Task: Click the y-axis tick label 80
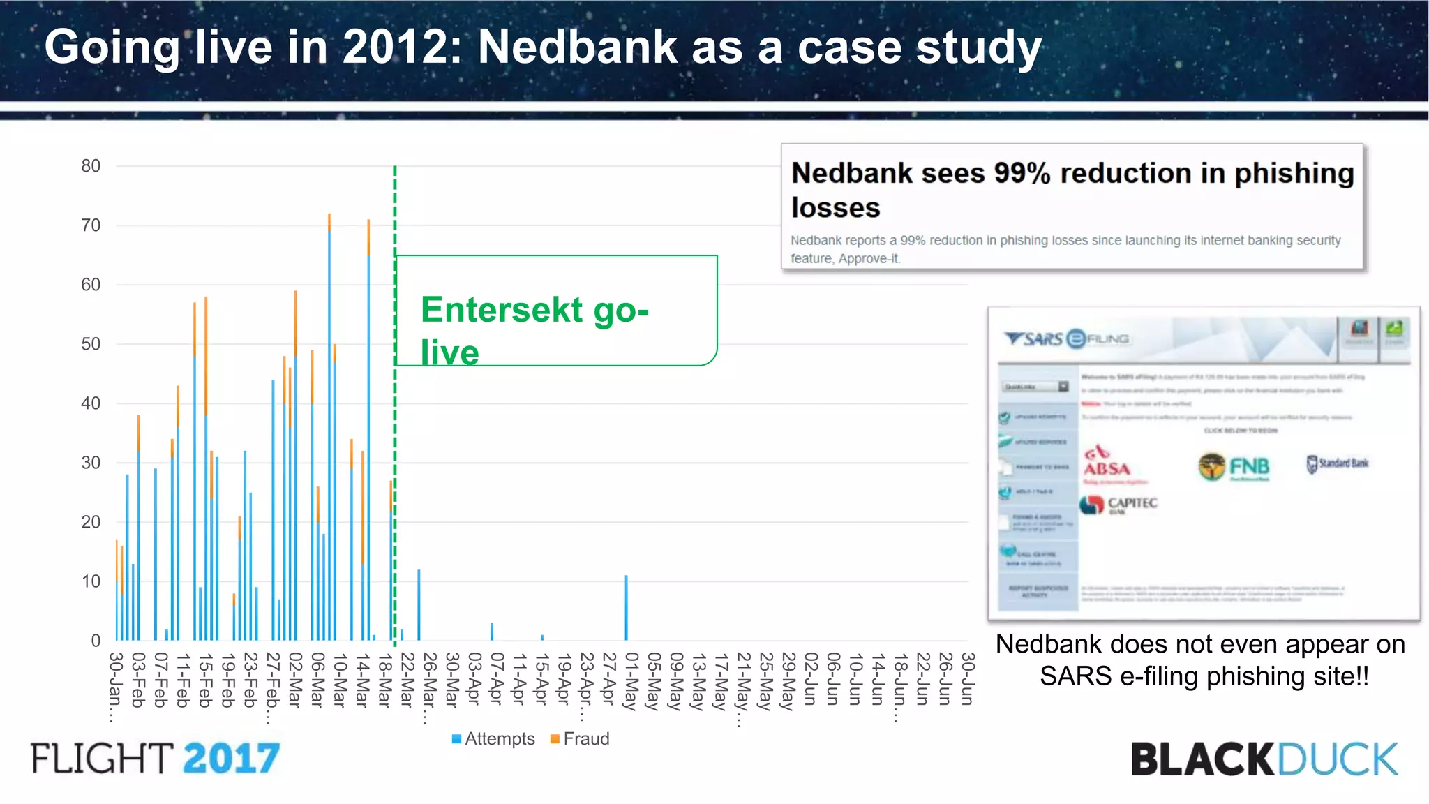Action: pos(91,166)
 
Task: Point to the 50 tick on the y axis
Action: pos(91,344)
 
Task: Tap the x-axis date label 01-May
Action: pos(631,680)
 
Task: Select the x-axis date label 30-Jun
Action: pos(967,678)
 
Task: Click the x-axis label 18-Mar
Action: pos(384,680)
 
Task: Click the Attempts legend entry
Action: pos(493,738)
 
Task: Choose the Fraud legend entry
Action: pos(580,738)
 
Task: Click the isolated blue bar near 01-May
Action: pos(626,607)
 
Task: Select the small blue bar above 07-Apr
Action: pos(491,631)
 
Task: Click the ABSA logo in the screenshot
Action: pos(1107,463)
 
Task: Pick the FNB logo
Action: pos(1234,466)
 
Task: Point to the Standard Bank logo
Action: pos(1337,463)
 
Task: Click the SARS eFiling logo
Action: pos(1066,339)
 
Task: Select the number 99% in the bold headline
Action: pos(1022,173)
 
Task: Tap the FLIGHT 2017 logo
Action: pos(155,759)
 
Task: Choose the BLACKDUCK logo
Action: pos(1264,759)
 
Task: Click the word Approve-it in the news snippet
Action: pos(869,259)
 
